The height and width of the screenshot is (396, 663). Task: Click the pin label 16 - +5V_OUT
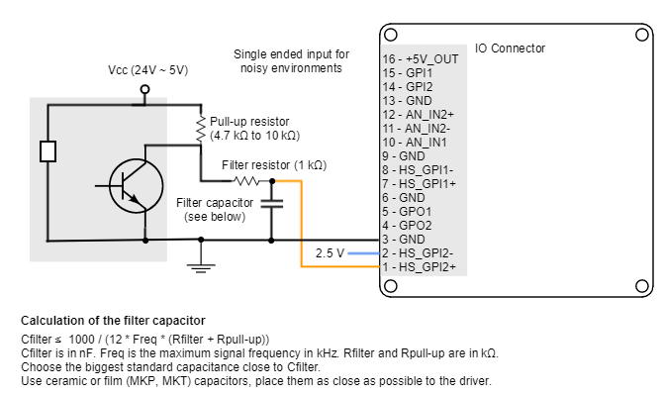click(421, 59)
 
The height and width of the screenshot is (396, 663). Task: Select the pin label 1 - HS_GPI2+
click(420, 266)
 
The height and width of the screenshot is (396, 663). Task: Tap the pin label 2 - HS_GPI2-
click(419, 252)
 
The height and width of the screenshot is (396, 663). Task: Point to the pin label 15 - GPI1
click(408, 73)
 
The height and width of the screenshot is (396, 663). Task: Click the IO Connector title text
click(510, 48)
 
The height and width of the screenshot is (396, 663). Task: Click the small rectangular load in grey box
click(47, 151)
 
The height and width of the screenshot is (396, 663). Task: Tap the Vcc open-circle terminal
click(144, 89)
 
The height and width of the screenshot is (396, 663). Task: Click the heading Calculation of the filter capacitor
click(113, 320)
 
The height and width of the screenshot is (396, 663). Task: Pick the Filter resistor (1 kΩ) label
click(274, 164)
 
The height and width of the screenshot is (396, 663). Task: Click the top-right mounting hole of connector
click(639, 37)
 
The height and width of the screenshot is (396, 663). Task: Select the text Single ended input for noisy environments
click(292, 60)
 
